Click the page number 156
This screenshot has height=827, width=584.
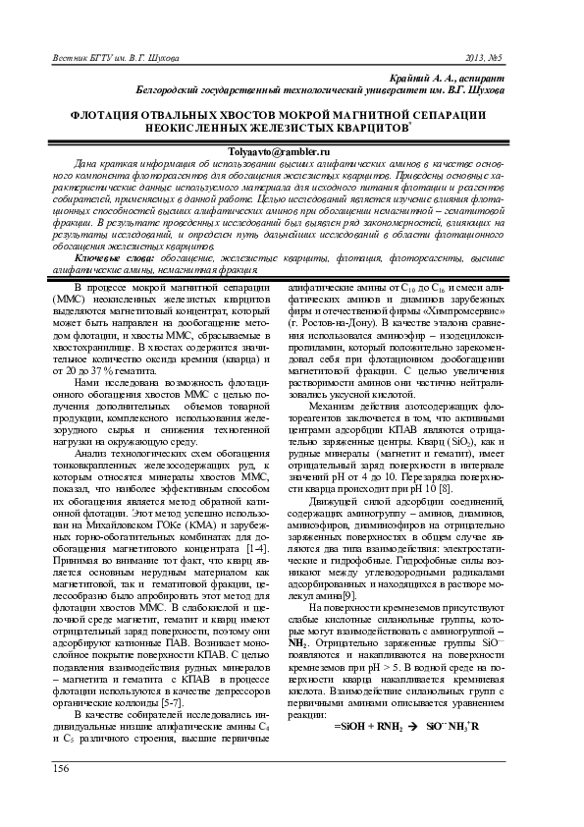(46, 795)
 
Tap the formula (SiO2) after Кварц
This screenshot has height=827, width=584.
(437, 413)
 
